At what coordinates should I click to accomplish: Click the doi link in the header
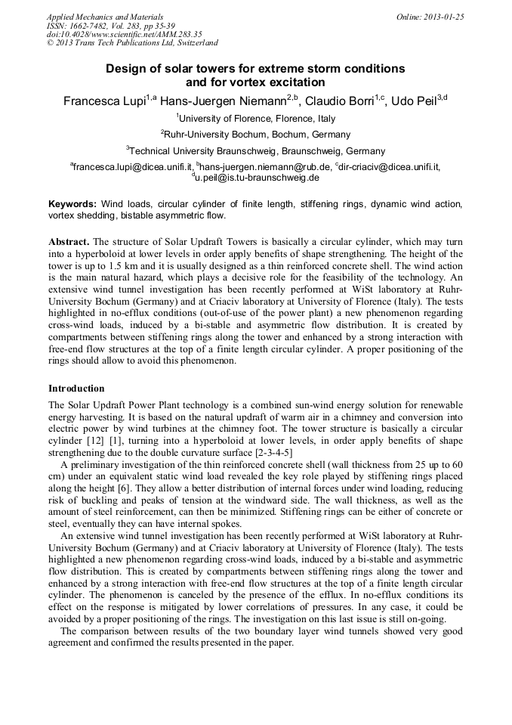pos(125,34)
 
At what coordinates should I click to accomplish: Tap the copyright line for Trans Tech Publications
pos(132,43)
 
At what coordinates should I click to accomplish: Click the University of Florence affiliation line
pos(257,118)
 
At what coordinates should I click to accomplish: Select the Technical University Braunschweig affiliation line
pos(257,150)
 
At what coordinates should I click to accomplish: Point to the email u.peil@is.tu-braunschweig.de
pos(258,178)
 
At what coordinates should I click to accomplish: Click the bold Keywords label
pos(72,205)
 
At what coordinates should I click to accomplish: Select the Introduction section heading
pos(76,389)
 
